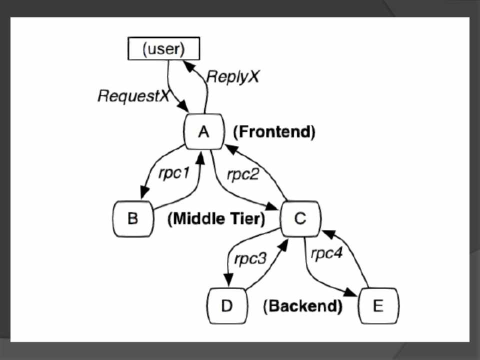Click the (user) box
tap(163, 49)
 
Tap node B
tap(132, 219)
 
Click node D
tap(227, 305)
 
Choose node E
tap(378, 305)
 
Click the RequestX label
tap(133, 95)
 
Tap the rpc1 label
tap(174, 173)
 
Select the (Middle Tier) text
tap(216, 219)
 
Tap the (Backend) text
tap(303, 306)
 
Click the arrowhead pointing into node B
tap(143, 193)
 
